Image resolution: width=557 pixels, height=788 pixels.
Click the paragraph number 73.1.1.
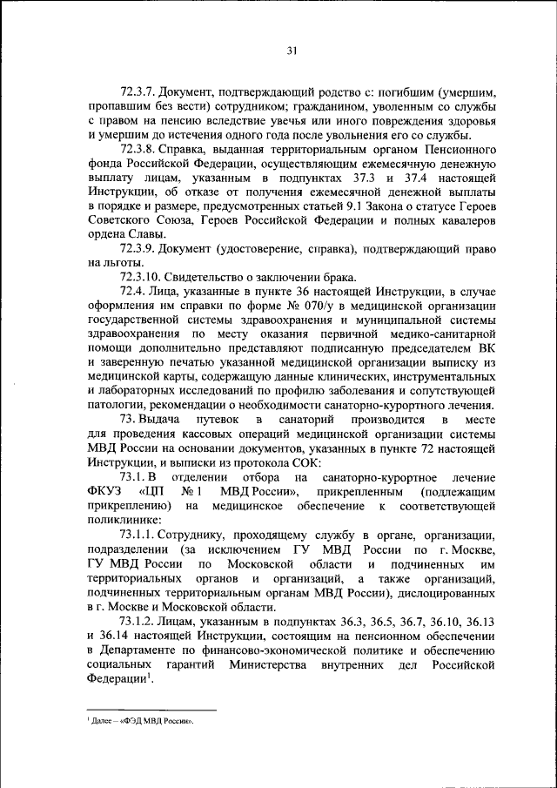(x=145, y=534)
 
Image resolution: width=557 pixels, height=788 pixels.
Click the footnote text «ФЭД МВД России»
(x=158, y=722)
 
